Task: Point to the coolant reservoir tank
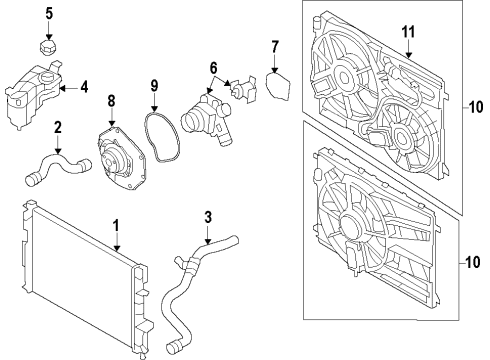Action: [30, 90]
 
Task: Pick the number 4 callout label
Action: [83, 87]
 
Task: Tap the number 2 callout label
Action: [57, 127]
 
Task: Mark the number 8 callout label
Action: [112, 99]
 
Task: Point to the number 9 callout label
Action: [154, 85]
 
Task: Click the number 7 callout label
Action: [275, 46]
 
